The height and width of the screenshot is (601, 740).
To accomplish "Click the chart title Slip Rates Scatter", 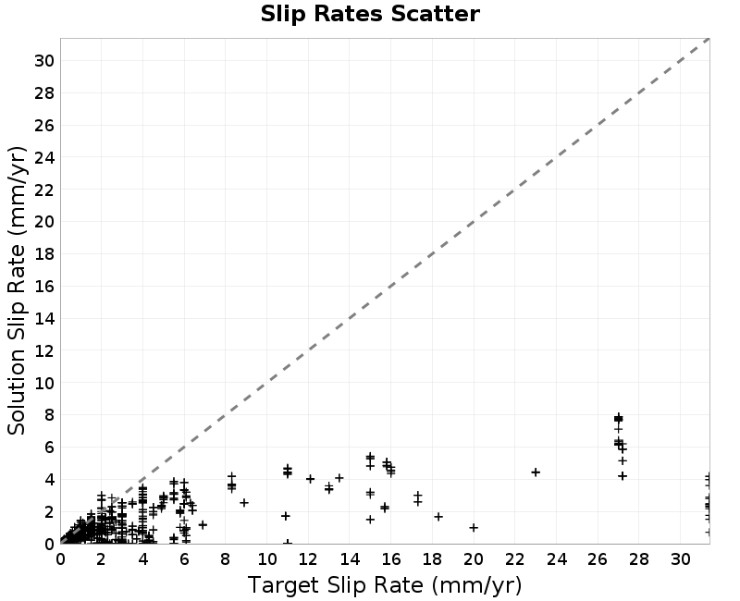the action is (x=370, y=14).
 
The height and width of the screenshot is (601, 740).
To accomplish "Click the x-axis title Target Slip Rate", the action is (x=335, y=585).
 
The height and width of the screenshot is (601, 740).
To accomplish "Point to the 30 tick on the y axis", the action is (x=44, y=61).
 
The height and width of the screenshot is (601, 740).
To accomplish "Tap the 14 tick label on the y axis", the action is (x=44, y=319).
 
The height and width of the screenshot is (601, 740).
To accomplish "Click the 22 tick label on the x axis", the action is (x=515, y=559).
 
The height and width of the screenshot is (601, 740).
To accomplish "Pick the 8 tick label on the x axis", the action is (x=225, y=559).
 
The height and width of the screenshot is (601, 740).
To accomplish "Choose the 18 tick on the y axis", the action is (x=44, y=254).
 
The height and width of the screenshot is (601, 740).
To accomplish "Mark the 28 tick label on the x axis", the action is (x=639, y=559).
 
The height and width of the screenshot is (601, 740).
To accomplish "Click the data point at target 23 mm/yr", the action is (x=536, y=472).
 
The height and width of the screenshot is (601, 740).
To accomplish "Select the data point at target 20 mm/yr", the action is (x=474, y=527).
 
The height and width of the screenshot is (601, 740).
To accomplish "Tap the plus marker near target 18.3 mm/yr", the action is (x=438, y=517).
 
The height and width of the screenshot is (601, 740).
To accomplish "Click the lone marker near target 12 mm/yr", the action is (x=310, y=479).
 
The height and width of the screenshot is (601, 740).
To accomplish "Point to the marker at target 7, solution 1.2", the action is (x=203, y=524).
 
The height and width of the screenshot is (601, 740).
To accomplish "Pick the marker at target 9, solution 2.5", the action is (x=244, y=503).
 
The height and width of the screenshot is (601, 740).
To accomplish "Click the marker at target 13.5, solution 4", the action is (x=339, y=478).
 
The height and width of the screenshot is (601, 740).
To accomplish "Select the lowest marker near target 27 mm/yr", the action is (x=623, y=476).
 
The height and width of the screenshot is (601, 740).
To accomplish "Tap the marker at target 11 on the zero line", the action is (x=288, y=543).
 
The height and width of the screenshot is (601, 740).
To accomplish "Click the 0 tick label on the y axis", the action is (x=50, y=544).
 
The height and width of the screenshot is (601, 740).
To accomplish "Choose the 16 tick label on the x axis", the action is (x=390, y=559).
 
